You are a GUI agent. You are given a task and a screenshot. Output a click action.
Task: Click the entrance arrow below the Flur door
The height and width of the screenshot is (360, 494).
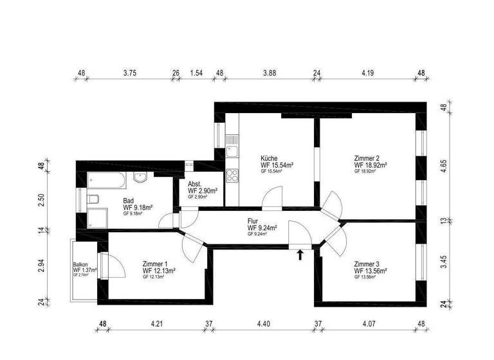click(x=299, y=255)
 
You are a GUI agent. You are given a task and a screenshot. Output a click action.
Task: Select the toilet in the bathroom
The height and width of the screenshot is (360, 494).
click(x=93, y=198)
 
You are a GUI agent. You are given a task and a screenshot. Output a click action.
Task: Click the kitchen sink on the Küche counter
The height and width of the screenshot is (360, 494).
click(x=232, y=152)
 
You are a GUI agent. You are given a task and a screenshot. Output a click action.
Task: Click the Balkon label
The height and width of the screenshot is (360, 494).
click(x=80, y=264)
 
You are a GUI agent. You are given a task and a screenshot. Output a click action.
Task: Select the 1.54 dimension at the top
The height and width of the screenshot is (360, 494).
click(x=196, y=73)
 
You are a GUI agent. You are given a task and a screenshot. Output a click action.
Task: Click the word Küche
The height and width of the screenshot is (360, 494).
click(x=269, y=158)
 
